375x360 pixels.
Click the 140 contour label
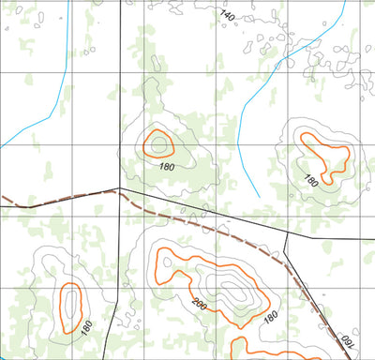(227, 15)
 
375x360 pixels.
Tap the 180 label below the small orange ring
(168, 166)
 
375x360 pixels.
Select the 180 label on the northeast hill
(311, 181)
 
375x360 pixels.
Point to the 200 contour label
(199, 303)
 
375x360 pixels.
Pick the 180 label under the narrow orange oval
(86, 328)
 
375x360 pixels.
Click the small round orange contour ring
(157, 143)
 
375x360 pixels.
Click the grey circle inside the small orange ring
(157, 144)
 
